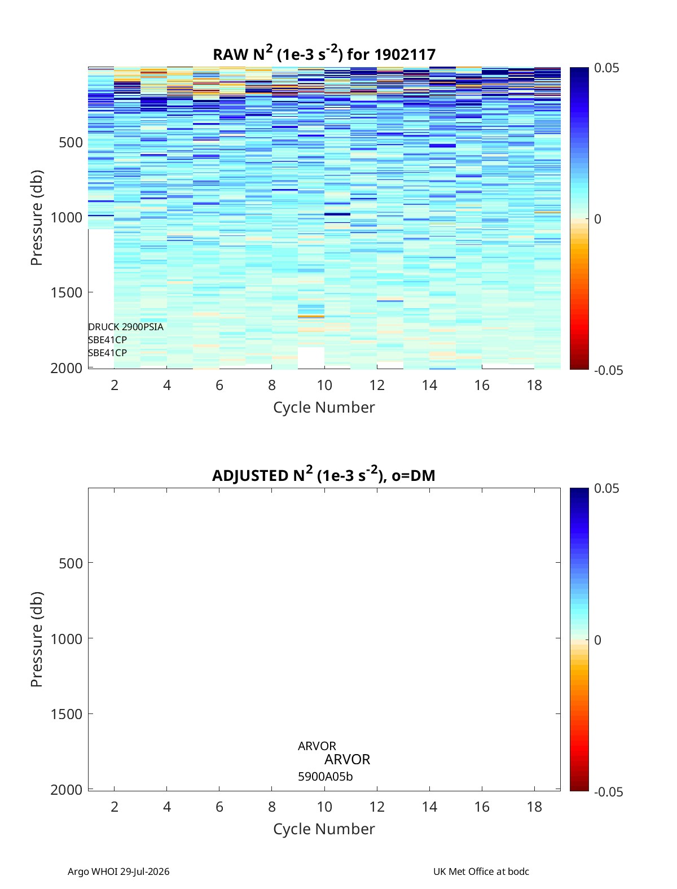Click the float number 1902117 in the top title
405,55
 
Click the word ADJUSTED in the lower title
250,475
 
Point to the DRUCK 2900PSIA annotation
125,327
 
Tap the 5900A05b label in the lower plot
325,777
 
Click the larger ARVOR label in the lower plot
347,759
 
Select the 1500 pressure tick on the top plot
67,292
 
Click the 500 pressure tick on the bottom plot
71,563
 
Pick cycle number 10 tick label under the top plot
324,385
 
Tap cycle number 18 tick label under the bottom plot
534,807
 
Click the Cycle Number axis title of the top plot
324,408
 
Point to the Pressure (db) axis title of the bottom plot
37,640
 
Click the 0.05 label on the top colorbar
606,68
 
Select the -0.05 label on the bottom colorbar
608,792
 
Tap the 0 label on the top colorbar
597,219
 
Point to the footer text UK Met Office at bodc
481,871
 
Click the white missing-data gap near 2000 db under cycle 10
311,357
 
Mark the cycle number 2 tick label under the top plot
115,385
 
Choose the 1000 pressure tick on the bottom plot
67,639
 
